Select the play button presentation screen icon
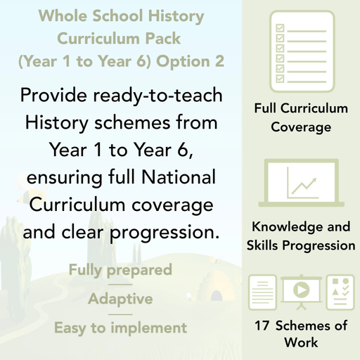click(x=302, y=292)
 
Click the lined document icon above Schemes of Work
click(x=264, y=292)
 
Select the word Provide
click(x=58, y=96)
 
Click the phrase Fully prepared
click(x=120, y=269)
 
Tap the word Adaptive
click(x=120, y=299)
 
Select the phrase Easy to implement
click(x=120, y=328)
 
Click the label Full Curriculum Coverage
click(x=302, y=118)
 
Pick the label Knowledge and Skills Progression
click(x=302, y=236)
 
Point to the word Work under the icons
click(x=302, y=343)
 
